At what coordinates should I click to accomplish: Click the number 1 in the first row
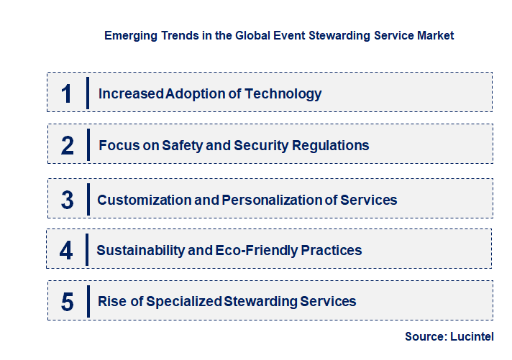67,93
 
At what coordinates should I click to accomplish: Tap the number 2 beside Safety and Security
68,146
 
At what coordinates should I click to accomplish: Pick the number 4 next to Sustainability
67,251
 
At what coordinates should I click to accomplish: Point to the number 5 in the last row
68,302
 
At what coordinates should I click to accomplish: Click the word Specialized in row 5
185,301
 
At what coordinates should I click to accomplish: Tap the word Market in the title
435,35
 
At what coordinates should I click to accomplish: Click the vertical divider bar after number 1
88,93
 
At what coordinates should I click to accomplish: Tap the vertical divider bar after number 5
88,301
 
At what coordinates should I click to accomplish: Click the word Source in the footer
425,336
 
